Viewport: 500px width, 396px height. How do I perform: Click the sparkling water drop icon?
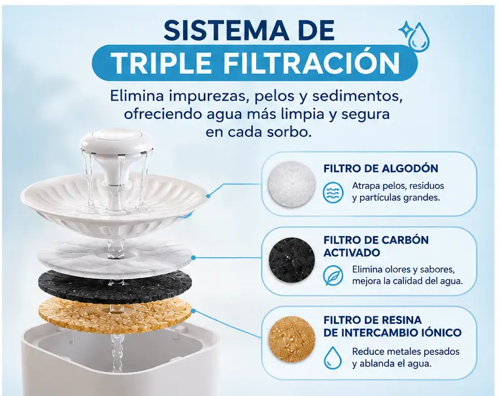coord(414,35)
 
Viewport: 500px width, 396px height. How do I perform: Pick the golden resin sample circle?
coord(292,340)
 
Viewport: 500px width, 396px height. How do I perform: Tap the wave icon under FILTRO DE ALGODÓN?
coord(333,193)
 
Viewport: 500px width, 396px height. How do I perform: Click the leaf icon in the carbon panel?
coord(333,276)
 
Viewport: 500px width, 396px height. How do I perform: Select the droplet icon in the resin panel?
coord(333,357)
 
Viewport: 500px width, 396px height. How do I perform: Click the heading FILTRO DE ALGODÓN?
coord(381,169)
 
